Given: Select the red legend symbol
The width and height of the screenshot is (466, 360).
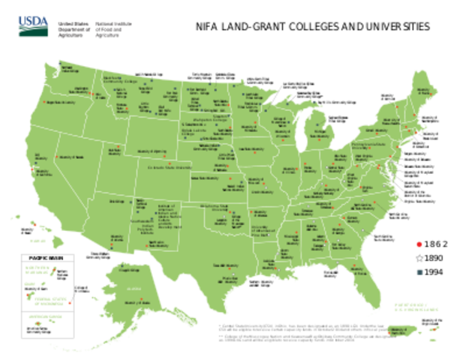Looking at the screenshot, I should [419, 244].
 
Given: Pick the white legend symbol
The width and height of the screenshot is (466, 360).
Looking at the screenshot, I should [419, 258].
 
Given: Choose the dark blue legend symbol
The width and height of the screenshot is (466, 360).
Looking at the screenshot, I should [419, 271].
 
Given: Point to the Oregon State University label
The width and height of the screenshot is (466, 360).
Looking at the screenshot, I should [59, 103].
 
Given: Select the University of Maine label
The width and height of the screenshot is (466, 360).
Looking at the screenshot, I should [429, 92].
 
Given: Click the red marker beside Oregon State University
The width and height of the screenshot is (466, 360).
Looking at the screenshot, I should [45, 103].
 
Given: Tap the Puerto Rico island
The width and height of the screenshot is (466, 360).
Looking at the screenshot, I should [401, 331].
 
